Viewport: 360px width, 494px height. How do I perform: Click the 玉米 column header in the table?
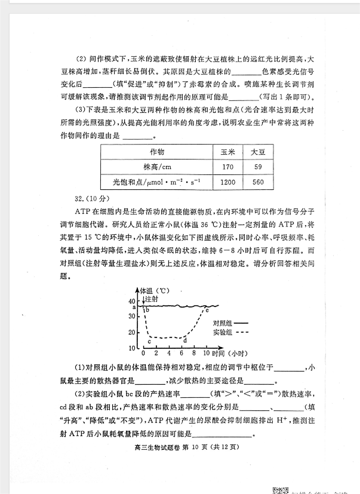(227, 152)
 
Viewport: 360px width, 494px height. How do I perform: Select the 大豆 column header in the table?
(258, 152)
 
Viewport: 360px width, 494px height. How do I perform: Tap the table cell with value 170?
(227, 167)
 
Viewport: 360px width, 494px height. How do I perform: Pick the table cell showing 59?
(258, 167)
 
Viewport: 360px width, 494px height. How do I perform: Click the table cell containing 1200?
(227, 182)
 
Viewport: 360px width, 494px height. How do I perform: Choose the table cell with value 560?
(258, 182)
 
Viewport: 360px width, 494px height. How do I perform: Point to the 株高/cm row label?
(158, 167)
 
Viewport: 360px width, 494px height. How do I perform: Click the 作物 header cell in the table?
(158, 152)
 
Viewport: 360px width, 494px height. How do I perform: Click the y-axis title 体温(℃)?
(155, 290)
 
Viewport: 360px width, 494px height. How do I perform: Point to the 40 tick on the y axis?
(132, 301)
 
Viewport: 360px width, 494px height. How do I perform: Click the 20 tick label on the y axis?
(132, 333)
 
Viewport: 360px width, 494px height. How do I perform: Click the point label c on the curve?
(149, 341)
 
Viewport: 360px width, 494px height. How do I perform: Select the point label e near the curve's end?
(207, 310)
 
